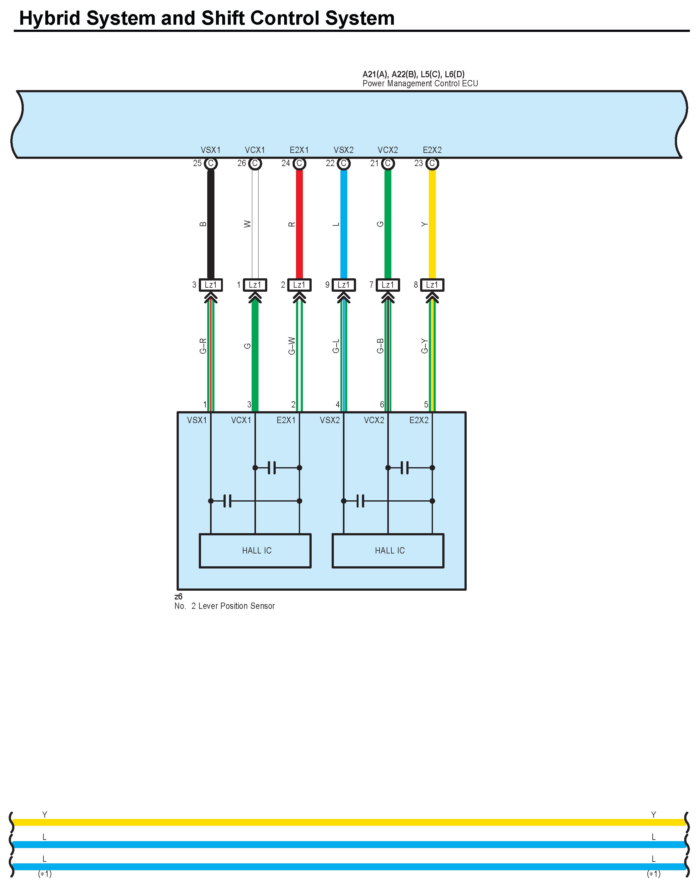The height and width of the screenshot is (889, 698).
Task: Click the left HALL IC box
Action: tap(255, 551)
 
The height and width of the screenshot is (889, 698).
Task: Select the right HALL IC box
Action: tap(388, 551)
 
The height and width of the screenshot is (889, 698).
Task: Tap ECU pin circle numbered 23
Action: tap(432, 164)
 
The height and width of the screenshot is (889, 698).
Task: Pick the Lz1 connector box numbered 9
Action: tap(344, 285)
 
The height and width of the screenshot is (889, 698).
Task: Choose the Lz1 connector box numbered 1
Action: tap(255, 285)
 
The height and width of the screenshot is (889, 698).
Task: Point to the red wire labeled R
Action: tap(299, 225)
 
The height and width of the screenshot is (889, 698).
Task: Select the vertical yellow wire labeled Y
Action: tap(432, 225)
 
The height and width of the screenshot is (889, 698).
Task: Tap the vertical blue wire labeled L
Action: tap(344, 225)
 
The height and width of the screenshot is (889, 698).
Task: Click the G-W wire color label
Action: tap(292, 346)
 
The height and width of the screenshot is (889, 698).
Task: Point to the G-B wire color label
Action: tap(380, 346)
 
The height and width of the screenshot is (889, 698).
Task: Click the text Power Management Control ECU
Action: tap(420, 84)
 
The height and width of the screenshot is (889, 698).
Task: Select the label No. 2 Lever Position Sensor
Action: tap(224, 606)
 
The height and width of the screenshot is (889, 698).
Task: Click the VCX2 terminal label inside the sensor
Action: tap(374, 420)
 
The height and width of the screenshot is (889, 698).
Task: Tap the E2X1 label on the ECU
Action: tap(299, 150)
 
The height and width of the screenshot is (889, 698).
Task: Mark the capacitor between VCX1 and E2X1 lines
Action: tap(272, 467)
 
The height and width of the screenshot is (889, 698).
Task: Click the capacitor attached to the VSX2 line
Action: tap(360, 501)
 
